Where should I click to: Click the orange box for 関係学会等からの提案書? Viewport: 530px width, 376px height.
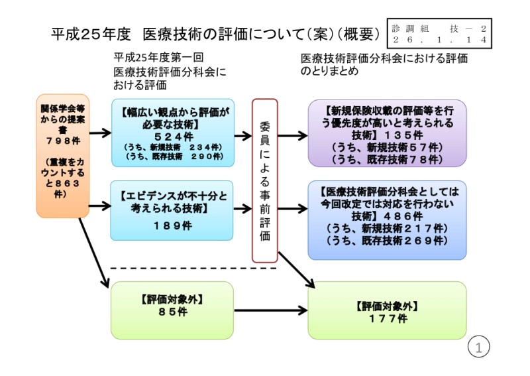pyautogui.click(x=62, y=156)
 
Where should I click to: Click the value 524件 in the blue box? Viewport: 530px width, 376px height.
pyautogui.click(x=173, y=136)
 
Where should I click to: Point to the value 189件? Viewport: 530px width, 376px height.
pyautogui.click(x=172, y=225)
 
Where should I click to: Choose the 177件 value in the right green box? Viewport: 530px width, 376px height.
pyautogui.click(x=388, y=319)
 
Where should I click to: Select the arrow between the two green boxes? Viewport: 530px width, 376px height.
pyautogui.click(x=271, y=310)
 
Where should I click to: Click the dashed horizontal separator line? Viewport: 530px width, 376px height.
pyautogui.click(x=192, y=269)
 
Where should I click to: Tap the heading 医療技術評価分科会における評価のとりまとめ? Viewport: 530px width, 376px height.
pyautogui.click(x=384, y=64)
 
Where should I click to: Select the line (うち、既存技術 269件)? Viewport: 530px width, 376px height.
pyautogui.click(x=388, y=240)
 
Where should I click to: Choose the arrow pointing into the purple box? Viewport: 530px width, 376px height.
pyautogui.click(x=292, y=135)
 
